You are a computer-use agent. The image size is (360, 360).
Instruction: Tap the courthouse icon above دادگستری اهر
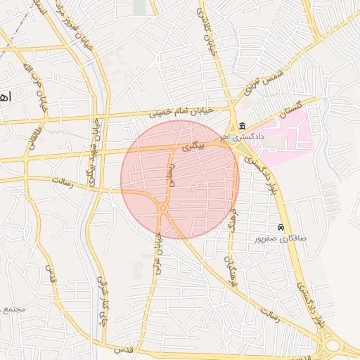[x=242, y=125]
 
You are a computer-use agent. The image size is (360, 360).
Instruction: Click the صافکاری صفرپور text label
[x=281, y=239]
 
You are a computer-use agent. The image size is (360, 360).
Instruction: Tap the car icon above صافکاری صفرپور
[x=281, y=228]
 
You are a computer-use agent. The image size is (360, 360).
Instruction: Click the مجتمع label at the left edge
[x=13, y=309]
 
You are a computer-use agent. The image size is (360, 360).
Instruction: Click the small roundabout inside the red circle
[x=163, y=208]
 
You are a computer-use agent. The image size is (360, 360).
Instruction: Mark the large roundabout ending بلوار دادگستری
[x=333, y=345]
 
